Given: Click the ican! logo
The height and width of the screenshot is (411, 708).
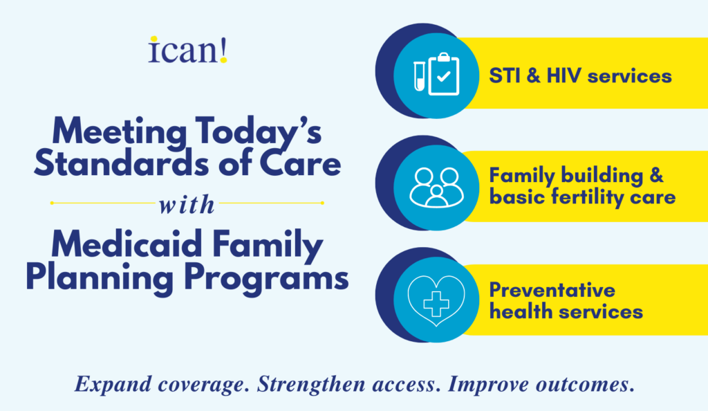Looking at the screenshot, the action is point(187,50).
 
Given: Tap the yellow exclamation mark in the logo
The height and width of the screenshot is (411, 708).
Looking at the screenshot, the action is point(223,50).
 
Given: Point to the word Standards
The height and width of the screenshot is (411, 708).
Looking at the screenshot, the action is point(122,163).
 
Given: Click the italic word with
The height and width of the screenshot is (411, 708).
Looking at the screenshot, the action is point(187,205).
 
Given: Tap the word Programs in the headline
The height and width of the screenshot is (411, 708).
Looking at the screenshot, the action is point(266,279).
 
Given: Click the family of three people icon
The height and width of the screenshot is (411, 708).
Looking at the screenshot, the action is point(436,188).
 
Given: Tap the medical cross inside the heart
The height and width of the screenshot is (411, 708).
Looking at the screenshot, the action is point(436,304).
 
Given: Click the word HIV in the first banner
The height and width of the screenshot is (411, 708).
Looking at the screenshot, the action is point(563,76).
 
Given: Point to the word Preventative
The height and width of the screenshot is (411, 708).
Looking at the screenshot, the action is point(552,290).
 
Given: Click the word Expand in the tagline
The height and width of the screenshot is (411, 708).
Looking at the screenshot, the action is point(113,385).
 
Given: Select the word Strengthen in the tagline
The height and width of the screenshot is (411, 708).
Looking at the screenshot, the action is point(311,384).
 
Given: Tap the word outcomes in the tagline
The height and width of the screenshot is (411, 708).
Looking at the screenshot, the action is point(585,385).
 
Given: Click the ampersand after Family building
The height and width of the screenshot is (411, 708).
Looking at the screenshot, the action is point(657,175).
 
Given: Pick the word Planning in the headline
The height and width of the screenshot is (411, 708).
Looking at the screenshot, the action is point(100,279).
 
